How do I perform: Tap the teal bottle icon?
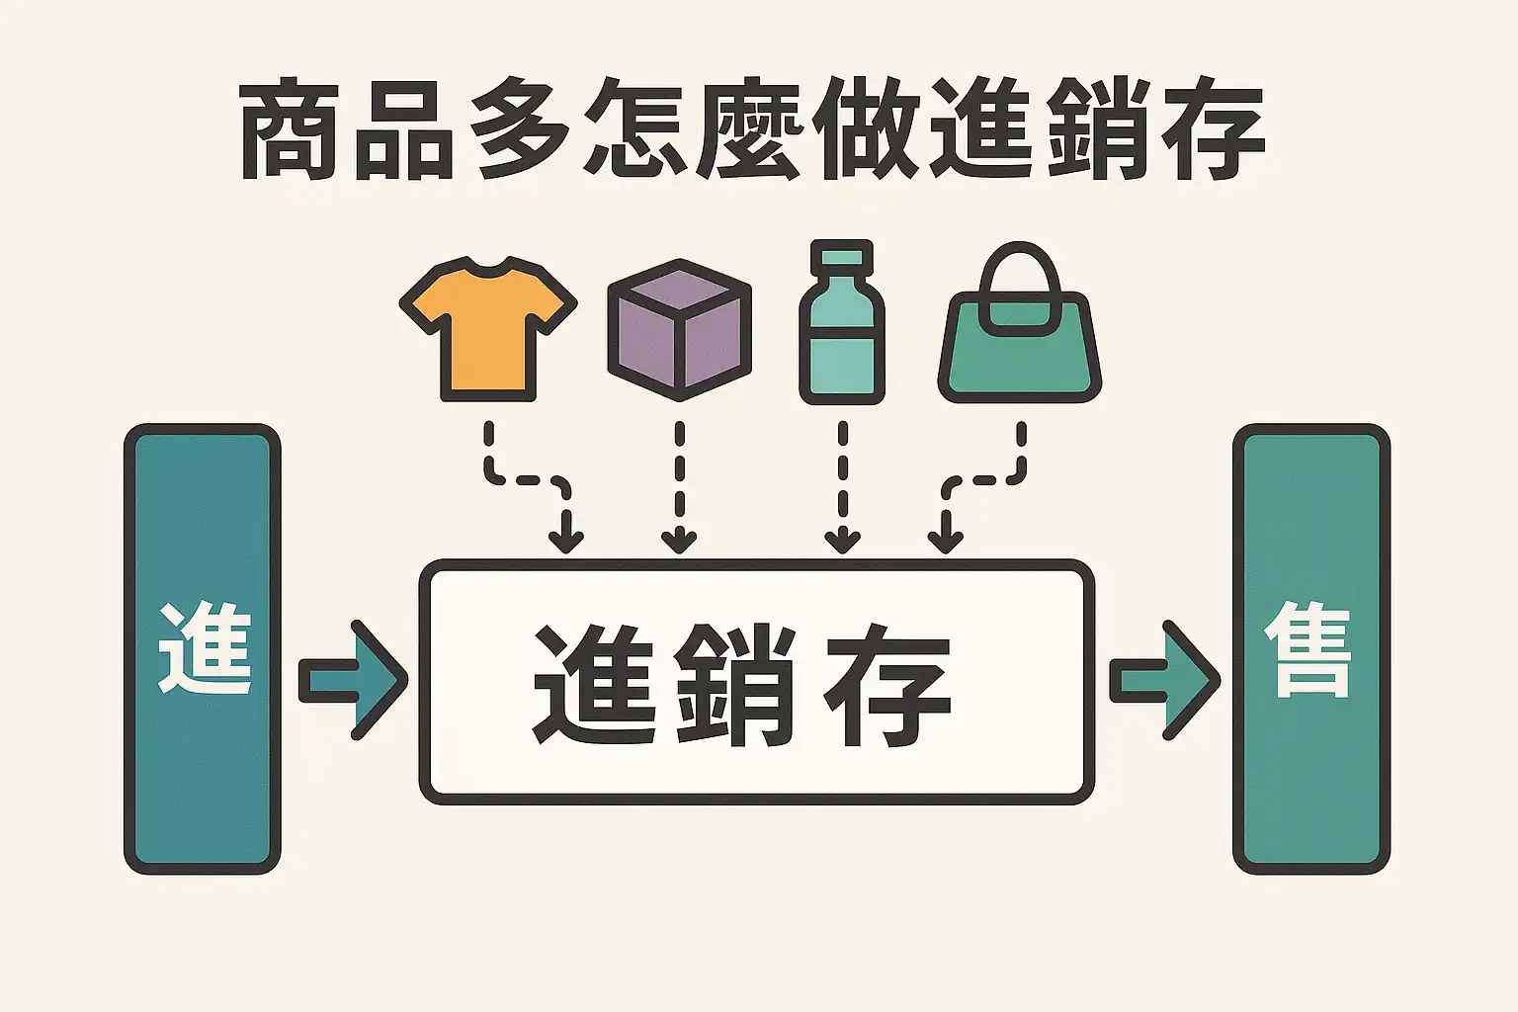[841, 336]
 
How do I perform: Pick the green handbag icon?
[1019, 351]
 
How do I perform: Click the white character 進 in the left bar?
[205, 648]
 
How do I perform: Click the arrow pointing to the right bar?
[1164, 680]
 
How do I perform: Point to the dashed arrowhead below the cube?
[679, 541]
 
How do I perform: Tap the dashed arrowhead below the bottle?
[842, 541]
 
